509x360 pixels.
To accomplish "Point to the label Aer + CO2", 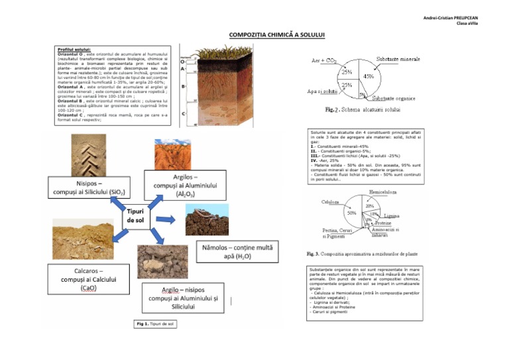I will [x=323, y=60].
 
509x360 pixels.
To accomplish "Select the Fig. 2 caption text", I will [x=363, y=109].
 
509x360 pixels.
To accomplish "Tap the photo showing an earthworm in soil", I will [x=209, y=218].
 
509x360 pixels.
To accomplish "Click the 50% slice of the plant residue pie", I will [x=351, y=213].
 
